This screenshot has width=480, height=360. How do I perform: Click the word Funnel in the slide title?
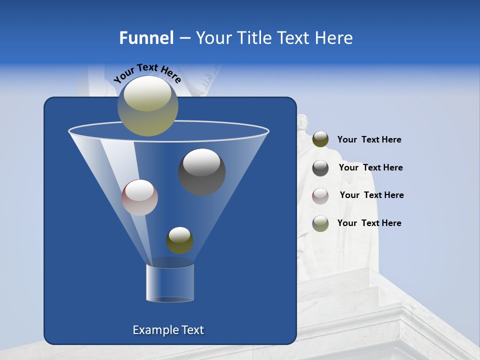point(146,38)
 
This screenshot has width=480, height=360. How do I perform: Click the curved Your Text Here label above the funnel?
point(147,72)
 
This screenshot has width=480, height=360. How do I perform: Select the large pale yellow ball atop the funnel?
point(147,105)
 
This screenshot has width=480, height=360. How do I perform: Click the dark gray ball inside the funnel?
point(201,171)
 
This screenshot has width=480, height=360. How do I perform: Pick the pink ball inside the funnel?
point(139,197)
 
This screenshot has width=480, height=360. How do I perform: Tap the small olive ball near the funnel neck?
point(179,240)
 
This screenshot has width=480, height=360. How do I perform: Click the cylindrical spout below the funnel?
point(170,283)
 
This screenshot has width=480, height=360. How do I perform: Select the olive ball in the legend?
point(320,139)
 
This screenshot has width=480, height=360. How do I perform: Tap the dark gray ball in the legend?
point(320,167)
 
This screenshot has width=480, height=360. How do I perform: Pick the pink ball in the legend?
point(320,195)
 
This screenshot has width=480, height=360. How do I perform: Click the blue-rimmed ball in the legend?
point(320,223)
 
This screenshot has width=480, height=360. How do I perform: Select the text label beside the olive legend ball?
point(369,140)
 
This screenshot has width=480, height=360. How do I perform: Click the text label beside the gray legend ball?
point(370,168)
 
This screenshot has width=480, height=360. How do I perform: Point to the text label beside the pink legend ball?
point(371,195)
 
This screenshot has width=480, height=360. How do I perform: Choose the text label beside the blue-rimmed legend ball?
point(369,223)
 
